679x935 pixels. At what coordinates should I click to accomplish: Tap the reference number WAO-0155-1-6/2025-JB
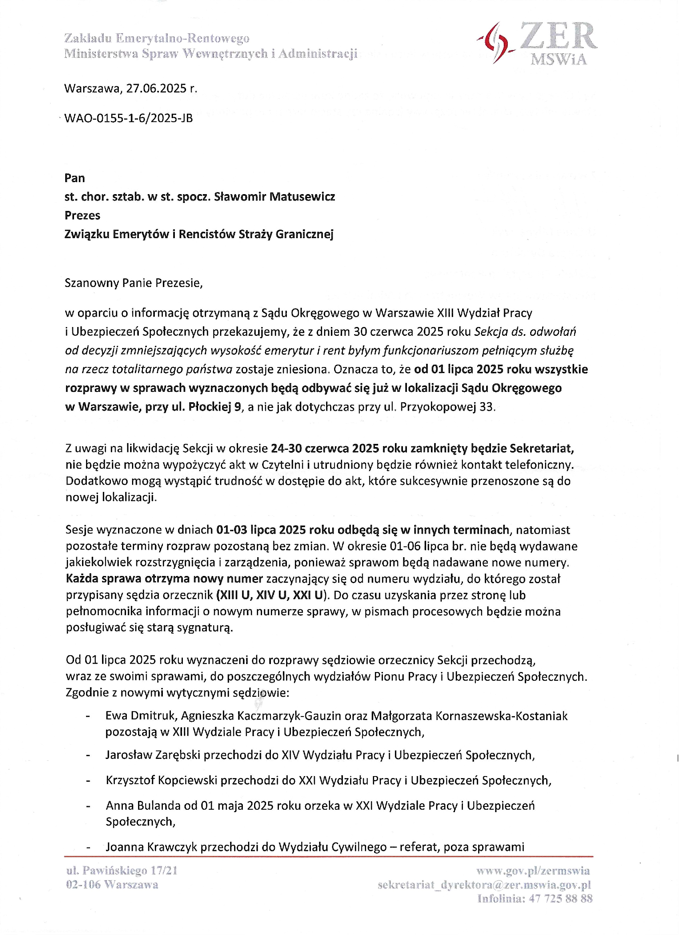point(128,118)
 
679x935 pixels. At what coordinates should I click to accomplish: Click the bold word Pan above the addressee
point(74,178)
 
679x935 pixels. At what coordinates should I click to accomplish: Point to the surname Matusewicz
point(302,197)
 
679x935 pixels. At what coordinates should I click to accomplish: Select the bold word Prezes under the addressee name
point(82,215)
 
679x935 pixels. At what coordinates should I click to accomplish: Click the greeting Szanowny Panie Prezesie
point(134,283)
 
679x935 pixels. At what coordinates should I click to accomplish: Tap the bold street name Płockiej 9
point(214,407)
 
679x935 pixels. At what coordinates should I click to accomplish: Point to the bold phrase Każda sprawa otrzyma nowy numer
point(164,579)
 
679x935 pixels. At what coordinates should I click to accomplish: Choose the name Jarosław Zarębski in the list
point(153,755)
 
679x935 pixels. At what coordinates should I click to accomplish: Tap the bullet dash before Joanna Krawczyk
point(88,848)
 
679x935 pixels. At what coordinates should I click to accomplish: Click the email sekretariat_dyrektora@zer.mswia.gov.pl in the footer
point(484,885)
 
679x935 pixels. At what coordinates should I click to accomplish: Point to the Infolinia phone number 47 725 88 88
point(561,899)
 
